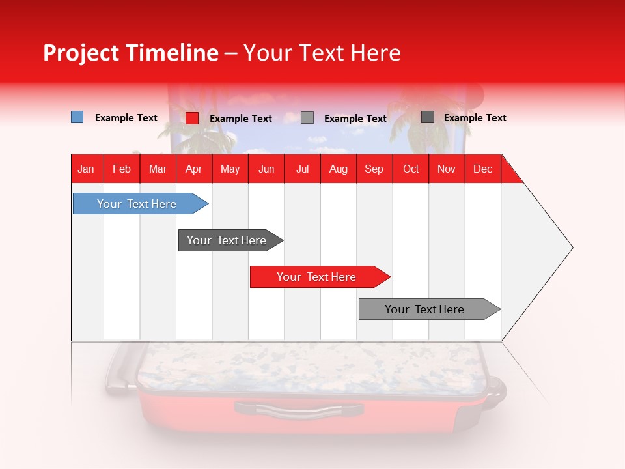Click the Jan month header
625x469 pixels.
tap(87, 169)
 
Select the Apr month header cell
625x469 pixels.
tap(194, 169)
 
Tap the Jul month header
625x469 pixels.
tap(302, 169)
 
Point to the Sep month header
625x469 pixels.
tap(374, 169)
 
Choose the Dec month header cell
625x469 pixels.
tap(482, 169)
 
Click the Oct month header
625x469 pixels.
tap(411, 169)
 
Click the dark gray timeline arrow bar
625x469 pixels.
tap(228, 240)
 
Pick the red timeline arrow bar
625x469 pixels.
tap(318, 277)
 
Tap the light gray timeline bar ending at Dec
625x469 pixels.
tap(426, 309)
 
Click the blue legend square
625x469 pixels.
tap(77, 117)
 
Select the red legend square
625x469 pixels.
tap(192, 118)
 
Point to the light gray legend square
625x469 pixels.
tap(307, 118)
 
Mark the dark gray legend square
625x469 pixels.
tap(428, 117)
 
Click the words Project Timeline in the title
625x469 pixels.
tap(130, 53)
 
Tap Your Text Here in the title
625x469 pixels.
tap(322, 53)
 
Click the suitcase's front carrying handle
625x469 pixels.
tap(298, 409)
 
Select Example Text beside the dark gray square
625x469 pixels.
tap(475, 118)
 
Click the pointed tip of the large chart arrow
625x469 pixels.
tap(571, 248)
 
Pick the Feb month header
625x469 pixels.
tap(122, 169)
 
